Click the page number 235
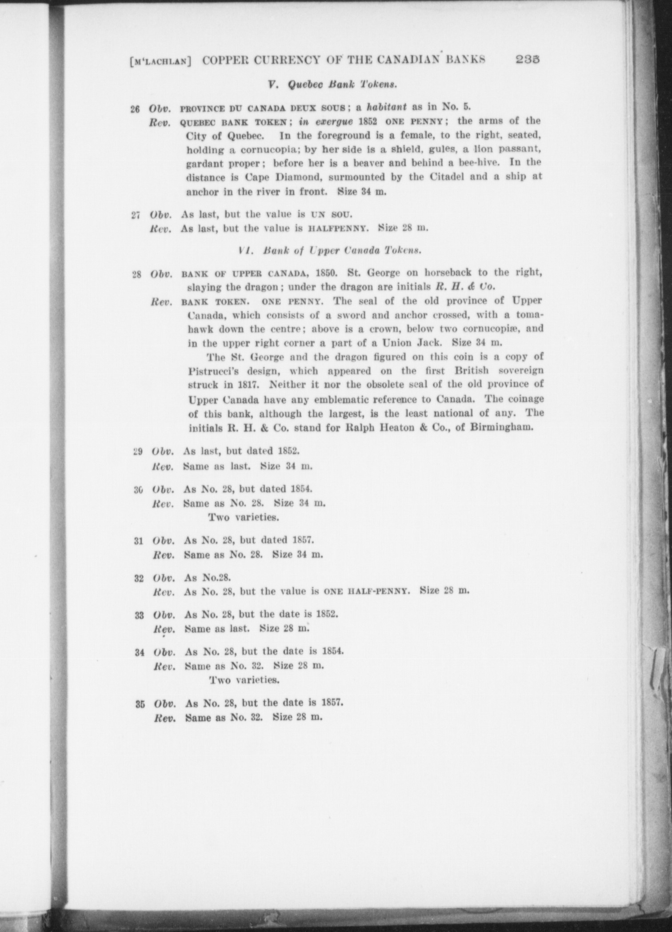tap(528, 60)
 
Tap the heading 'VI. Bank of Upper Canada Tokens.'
tap(329, 250)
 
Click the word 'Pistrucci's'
tap(214, 371)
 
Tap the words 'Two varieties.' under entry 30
tap(244, 518)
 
